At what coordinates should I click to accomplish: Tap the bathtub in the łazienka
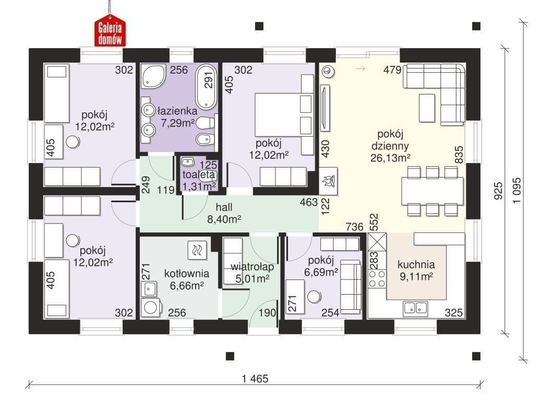click(x=206, y=87)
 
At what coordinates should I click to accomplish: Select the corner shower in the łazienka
click(x=153, y=76)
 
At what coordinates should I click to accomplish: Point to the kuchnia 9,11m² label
click(x=416, y=271)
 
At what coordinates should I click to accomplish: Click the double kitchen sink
click(x=416, y=308)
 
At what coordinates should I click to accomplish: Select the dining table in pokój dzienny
click(x=432, y=191)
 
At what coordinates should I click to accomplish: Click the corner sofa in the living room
click(x=435, y=94)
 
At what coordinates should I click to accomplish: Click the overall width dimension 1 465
click(x=255, y=379)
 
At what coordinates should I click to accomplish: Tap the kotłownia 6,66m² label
click(x=187, y=279)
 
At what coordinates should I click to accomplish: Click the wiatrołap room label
click(x=252, y=267)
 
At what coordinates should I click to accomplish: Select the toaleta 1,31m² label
click(x=199, y=181)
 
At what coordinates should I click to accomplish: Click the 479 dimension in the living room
click(x=392, y=70)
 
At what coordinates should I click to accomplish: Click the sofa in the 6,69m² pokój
click(x=350, y=286)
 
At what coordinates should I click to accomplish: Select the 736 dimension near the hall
click(x=354, y=226)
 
